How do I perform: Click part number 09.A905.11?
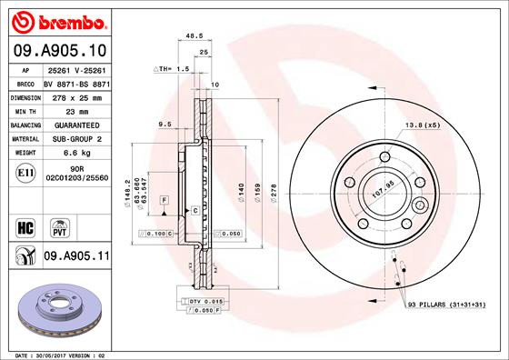click(x=76, y=258)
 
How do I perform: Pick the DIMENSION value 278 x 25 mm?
click(x=75, y=96)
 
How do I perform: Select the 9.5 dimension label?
click(x=165, y=123)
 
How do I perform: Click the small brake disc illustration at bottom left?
click(x=56, y=313)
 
